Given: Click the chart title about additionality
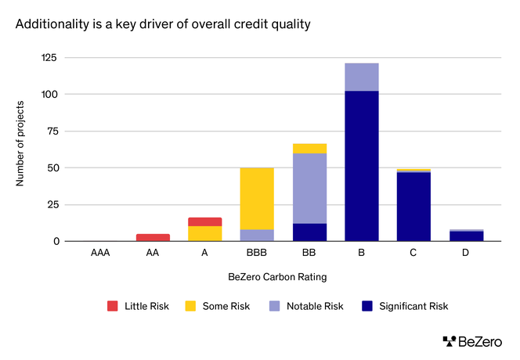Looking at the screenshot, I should coord(164,24).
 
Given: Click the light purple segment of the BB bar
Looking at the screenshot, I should coord(309,188).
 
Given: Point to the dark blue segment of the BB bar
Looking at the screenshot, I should coord(309,232).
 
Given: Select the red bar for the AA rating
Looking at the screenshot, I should coord(153,237).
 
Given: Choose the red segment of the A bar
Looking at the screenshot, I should coord(204,221).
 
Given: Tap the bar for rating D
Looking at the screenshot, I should coord(465,236).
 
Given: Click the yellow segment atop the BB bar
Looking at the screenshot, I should coord(309,148).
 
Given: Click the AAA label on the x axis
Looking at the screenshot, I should coord(100,254).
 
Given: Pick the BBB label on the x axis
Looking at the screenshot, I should coord(257,254).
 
